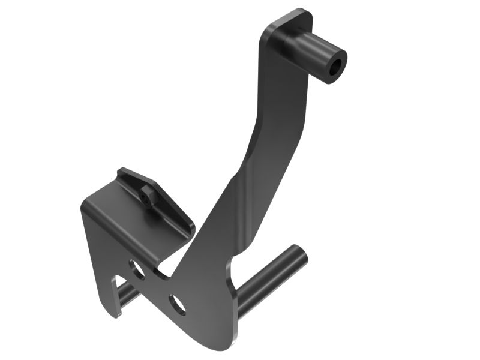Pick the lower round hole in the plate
point(176,304)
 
